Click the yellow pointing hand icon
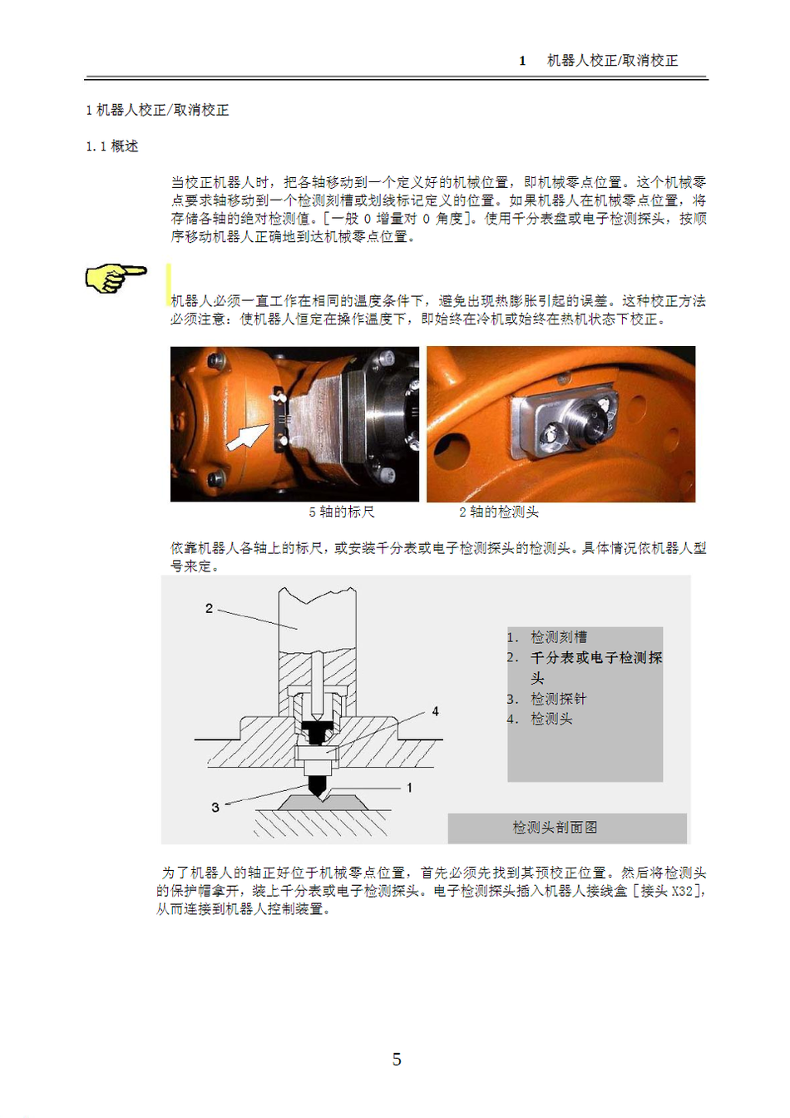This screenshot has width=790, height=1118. point(116,279)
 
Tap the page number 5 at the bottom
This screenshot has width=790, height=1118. point(397,1059)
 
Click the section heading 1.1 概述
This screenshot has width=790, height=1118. point(111,146)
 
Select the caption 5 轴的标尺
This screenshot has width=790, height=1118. point(341,512)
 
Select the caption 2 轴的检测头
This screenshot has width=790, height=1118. point(499,512)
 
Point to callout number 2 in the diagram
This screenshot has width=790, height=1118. point(209,608)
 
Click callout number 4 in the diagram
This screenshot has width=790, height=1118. point(435,711)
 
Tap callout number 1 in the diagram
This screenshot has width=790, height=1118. point(409,788)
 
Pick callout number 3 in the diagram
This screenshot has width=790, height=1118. point(215,807)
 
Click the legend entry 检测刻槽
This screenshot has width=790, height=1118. point(559,637)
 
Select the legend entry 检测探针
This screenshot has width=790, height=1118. point(559,699)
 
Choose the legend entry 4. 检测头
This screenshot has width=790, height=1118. point(540,719)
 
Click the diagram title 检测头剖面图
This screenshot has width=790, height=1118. point(555,827)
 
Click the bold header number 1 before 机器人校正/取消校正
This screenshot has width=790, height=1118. point(522,61)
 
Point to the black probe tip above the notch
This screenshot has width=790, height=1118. point(317,787)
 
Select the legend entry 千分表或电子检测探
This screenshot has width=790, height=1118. point(596,657)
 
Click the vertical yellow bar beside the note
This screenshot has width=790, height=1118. point(169,284)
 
